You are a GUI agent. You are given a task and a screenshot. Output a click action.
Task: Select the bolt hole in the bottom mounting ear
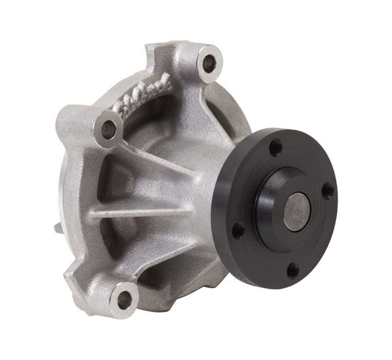124,299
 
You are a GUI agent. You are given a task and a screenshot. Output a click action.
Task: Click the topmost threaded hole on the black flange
275,147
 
